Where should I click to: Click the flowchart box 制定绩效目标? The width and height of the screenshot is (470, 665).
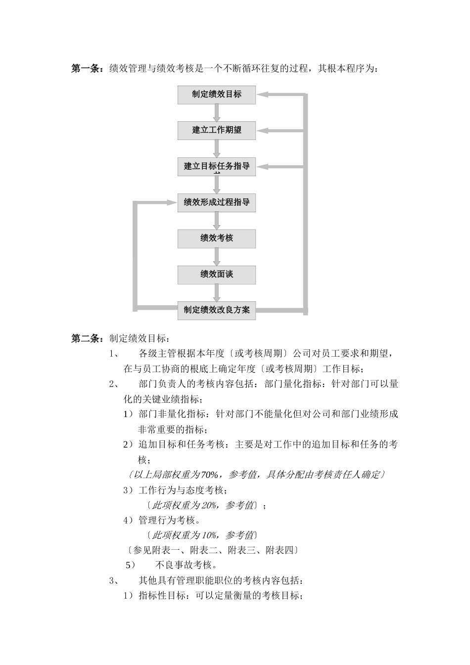coord(217,95)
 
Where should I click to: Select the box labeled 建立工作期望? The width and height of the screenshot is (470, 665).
coord(217,131)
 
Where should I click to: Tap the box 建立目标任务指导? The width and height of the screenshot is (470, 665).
coord(217,166)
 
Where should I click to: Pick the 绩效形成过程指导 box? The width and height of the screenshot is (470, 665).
coord(217,202)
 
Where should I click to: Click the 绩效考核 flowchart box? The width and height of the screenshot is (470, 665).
coord(217,238)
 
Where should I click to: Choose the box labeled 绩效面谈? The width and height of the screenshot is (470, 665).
coord(217,275)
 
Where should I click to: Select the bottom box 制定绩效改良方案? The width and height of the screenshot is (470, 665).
coord(217,310)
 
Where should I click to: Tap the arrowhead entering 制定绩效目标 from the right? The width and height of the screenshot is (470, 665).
coord(261,95)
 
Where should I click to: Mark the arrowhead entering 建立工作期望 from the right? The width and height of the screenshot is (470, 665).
coord(261,131)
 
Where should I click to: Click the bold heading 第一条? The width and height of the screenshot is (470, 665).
coord(87,68)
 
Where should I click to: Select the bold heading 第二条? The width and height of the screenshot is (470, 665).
coord(87,338)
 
